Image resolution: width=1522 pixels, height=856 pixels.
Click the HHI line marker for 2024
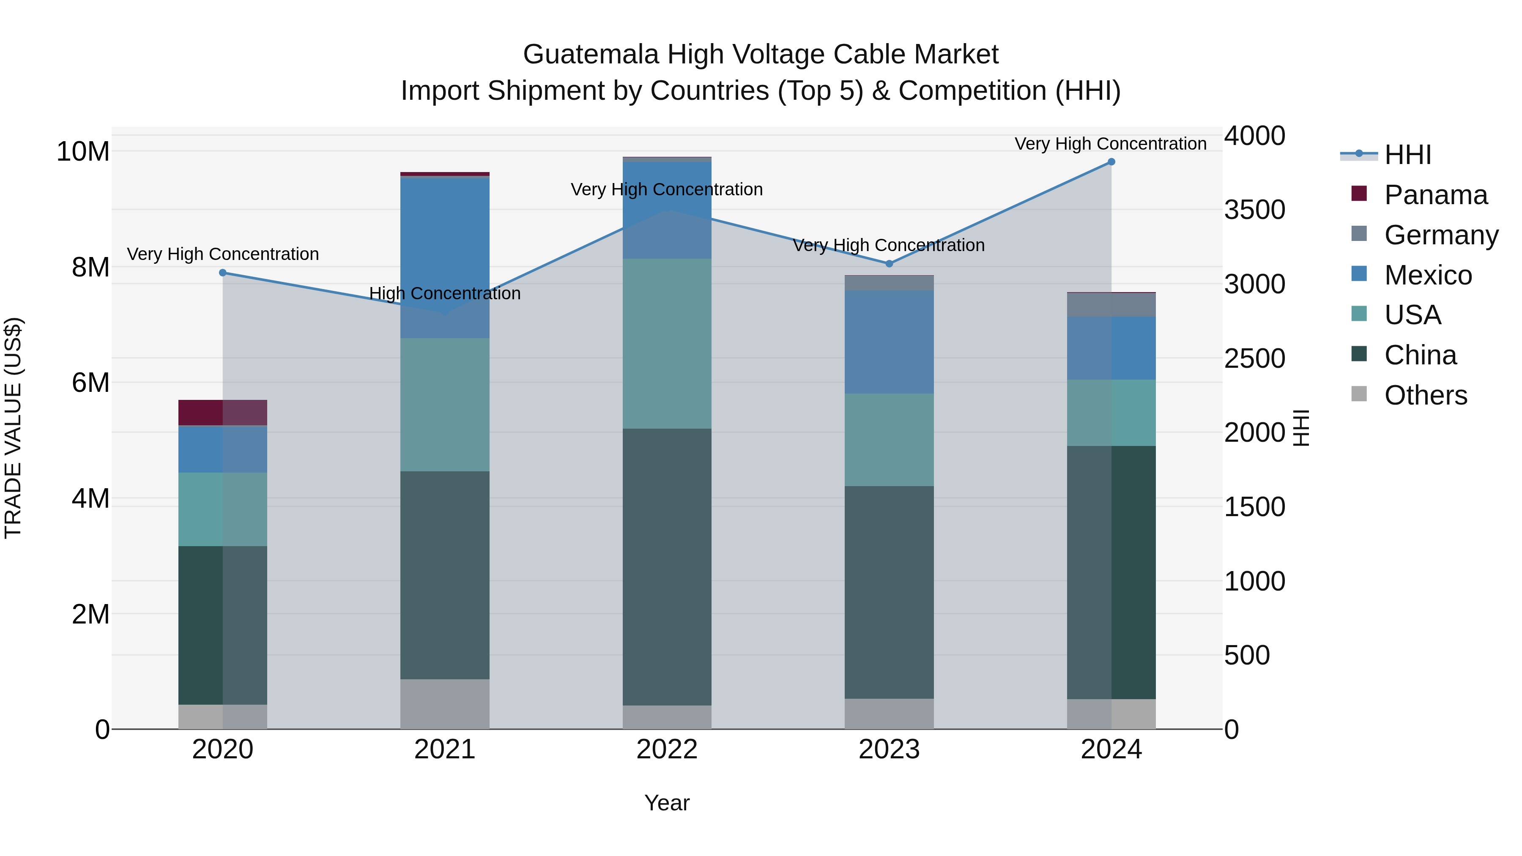click(1111, 162)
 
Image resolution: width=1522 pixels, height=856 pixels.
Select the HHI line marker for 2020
click(223, 273)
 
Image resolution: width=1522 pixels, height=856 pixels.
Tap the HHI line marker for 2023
click(889, 263)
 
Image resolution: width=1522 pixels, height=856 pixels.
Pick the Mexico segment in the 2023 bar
click(889, 342)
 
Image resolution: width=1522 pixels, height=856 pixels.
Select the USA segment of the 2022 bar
click(667, 343)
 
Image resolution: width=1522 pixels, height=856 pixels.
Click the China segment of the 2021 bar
click(445, 575)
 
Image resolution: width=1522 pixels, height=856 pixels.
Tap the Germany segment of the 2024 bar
click(1111, 305)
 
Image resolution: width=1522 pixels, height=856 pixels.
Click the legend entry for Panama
click(1435, 195)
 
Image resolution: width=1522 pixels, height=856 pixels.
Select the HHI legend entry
click(1407, 155)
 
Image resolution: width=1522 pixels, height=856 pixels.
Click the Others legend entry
click(1425, 395)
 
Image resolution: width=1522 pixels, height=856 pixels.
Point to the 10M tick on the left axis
click(83, 152)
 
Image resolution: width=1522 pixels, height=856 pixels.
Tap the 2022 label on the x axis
click(667, 749)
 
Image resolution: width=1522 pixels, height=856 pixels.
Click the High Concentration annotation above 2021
click(445, 294)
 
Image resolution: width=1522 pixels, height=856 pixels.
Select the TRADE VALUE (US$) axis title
click(13, 428)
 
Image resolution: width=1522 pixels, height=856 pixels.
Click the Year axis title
click(667, 803)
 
